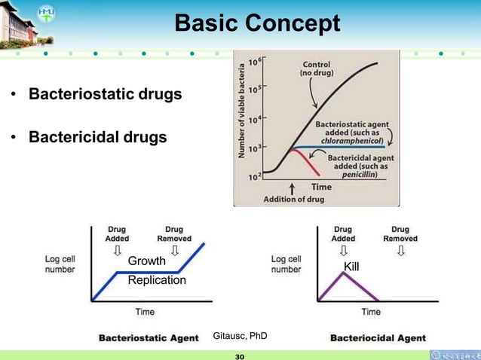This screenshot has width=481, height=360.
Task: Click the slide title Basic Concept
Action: point(257,24)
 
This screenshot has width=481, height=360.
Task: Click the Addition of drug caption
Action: point(293,200)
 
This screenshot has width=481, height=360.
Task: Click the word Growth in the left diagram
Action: point(146,261)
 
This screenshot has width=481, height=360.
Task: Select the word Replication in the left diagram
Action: point(157,280)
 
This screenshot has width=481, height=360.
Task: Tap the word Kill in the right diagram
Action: point(351,267)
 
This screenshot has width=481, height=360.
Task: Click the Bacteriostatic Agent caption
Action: point(149,338)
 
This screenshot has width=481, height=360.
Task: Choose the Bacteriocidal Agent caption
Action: point(378,338)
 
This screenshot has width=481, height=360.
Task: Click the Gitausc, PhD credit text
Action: point(240,334)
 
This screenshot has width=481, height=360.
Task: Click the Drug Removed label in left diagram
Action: point(174,233)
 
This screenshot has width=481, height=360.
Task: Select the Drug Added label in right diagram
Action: point(343,233)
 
